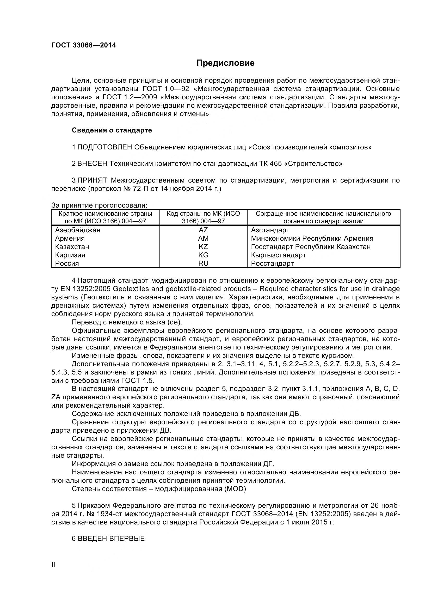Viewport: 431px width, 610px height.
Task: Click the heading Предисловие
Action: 225,63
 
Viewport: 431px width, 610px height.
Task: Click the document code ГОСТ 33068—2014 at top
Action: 84,45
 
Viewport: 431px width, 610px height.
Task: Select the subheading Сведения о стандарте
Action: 112,130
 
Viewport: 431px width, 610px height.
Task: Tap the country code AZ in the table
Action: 203,230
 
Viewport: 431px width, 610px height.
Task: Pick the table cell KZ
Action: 203,246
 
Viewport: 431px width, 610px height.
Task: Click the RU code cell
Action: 203,263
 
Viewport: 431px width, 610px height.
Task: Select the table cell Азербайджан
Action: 78,230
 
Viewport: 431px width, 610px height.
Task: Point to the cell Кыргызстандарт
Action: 278,255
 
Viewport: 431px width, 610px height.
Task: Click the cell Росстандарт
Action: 272,263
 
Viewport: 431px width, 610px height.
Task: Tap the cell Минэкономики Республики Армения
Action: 312,238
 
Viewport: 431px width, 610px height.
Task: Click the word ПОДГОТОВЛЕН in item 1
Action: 104,147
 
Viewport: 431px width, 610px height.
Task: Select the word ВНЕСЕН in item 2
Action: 92,164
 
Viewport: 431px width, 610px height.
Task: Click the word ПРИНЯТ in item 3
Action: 92,180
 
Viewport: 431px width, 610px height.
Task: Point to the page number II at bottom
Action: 53,565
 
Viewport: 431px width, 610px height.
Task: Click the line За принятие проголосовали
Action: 99,205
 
